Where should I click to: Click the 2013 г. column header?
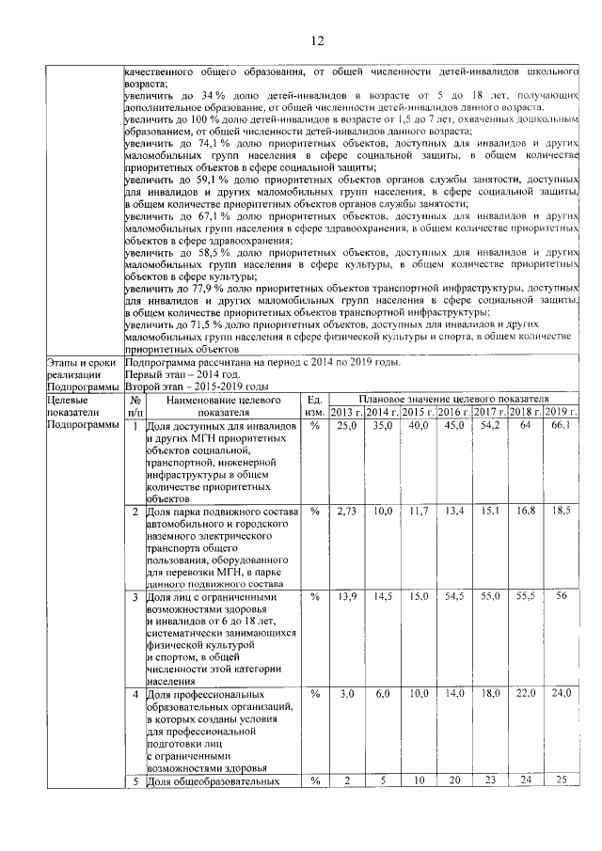[346, 412]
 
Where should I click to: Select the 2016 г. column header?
[454, 412]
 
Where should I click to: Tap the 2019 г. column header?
[561, 412]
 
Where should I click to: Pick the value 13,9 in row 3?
[346, 596]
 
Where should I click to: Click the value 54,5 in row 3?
[454, 596]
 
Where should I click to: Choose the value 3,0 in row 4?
[346, 692]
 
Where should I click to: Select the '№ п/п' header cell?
[135, 405]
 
